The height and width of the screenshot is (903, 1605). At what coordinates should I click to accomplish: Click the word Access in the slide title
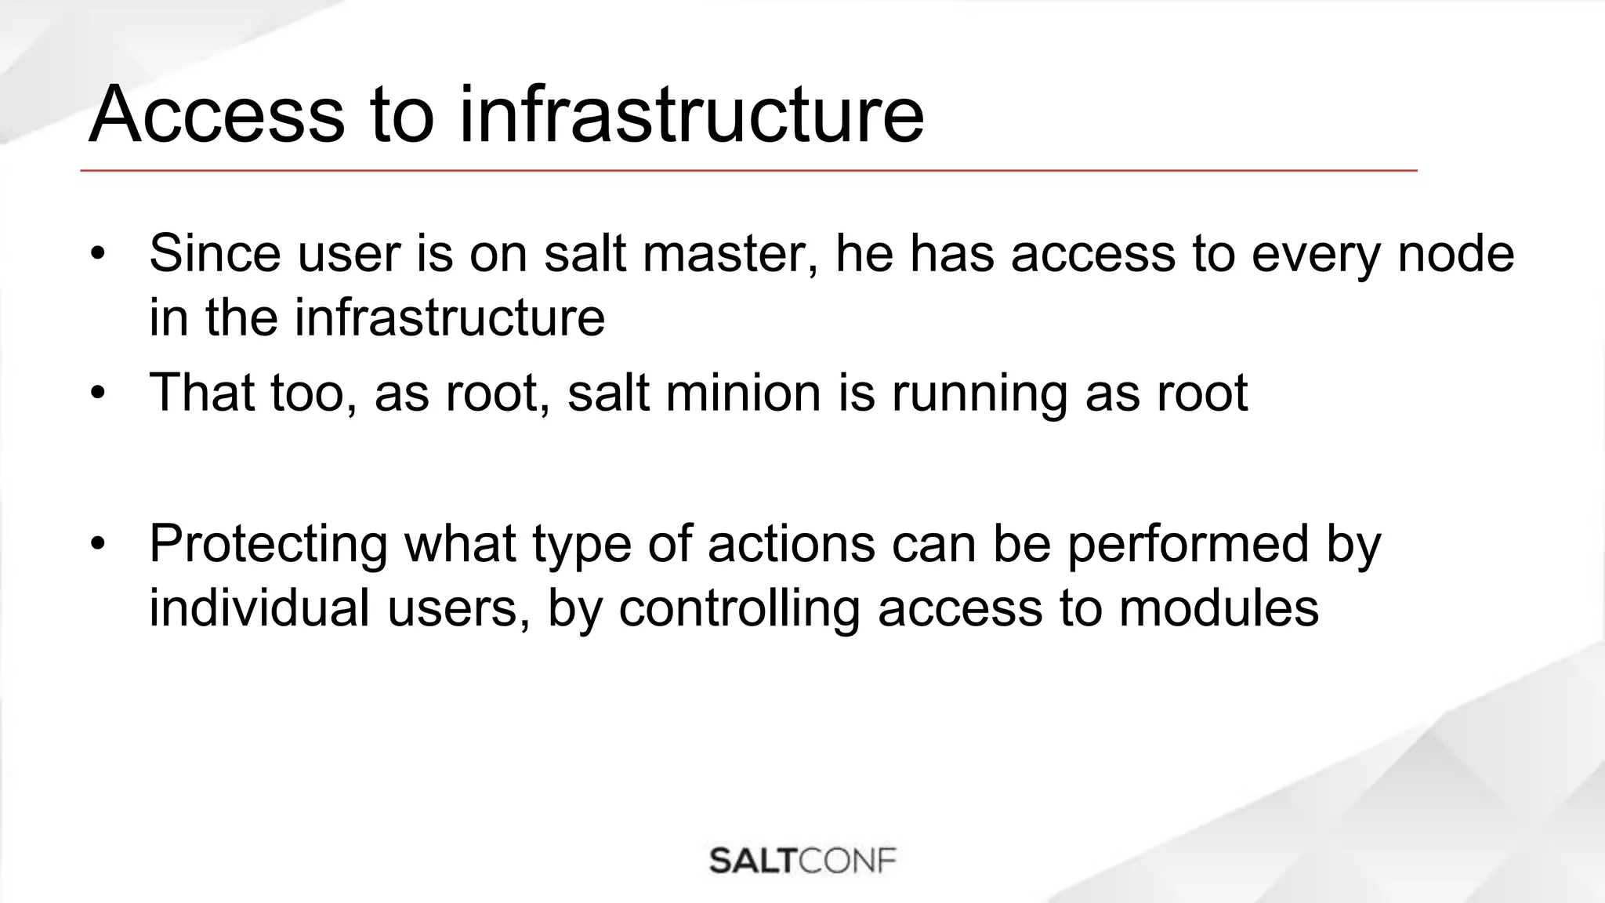click(x=216, y=115)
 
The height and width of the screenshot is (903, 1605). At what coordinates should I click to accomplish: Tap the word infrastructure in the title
click(x=691, y=115)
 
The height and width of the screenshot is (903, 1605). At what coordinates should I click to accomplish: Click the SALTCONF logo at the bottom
click(x=802, y=861)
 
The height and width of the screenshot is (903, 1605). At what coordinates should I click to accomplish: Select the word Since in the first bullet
click(x=215, y=253)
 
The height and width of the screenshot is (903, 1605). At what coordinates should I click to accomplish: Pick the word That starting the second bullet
click(x=201, y=391)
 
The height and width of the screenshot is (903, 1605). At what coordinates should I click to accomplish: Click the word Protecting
click(x=268, y=543)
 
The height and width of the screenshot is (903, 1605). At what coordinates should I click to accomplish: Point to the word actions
click(x=792, y=543)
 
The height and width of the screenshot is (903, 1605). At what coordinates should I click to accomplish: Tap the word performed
click(x=1188, y=543)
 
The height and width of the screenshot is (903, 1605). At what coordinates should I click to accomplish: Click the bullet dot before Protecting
click(x=97, y=543)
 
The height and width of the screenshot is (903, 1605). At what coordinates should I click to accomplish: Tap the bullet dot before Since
click(x=97, y=254)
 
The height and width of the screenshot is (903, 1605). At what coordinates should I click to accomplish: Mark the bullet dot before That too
click(x=97, y=392)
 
